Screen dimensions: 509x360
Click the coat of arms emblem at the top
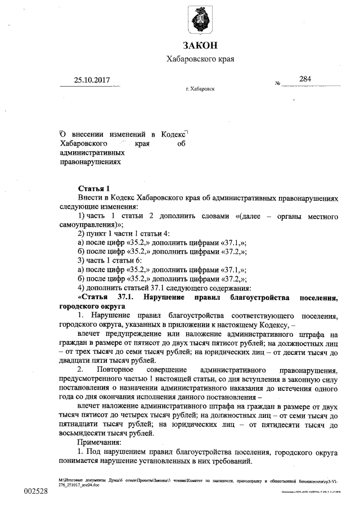tap(200, 21)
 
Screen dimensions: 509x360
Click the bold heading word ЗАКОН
tap(200, 46)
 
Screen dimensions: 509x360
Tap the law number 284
tap(305, 79)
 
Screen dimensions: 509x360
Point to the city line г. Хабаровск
tap(200, 89)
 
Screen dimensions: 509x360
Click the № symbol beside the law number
tap(278, 84)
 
